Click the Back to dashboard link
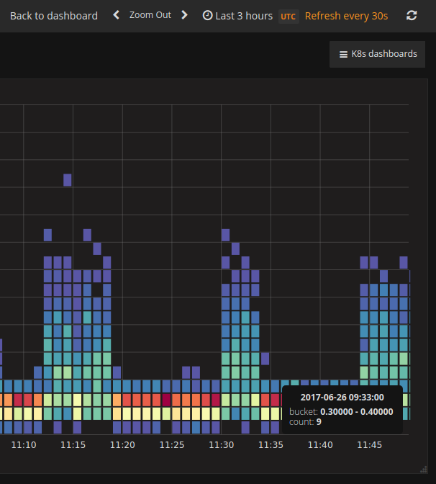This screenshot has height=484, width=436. pos(54,15)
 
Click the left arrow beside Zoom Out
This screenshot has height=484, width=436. pos(116,15)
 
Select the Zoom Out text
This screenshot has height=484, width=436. pos(150,15)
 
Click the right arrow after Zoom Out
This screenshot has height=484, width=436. pos(185,15)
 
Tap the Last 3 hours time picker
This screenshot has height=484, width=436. pos(237,15)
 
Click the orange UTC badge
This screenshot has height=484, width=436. pos(288,16)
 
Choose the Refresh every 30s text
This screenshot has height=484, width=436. pos(346,15)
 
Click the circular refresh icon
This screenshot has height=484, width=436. pos(412,15)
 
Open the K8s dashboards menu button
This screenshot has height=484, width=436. pos(378,54)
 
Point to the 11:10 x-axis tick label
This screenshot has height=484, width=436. pos(24,445)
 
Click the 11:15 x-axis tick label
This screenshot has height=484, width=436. pos(73,445)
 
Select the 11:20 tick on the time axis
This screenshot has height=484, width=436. pos(122,445)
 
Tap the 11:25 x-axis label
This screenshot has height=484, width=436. pos(172,445)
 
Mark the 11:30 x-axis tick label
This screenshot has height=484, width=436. pos(222,445)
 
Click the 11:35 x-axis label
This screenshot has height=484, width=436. pos(271,445)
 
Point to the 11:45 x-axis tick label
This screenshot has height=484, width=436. pos(370,445)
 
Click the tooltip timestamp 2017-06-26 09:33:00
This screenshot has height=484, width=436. pos(342,397)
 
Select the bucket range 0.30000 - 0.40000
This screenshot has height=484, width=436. pos(356,411)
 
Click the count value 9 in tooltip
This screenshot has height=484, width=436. pos(319,422)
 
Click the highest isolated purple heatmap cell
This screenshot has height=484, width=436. pos(68,180)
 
